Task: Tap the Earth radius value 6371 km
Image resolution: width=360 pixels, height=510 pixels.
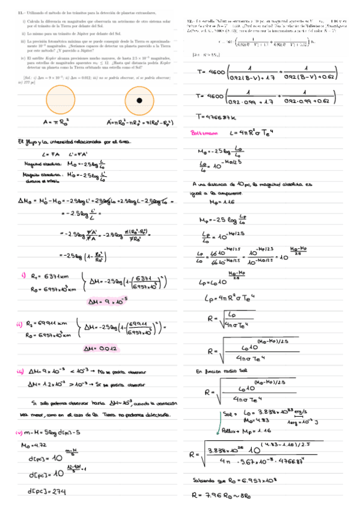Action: pos(55,276)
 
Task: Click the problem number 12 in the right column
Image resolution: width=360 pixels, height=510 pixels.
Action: pos(189,20)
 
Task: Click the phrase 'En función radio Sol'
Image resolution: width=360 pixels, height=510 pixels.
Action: pos(221,373)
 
